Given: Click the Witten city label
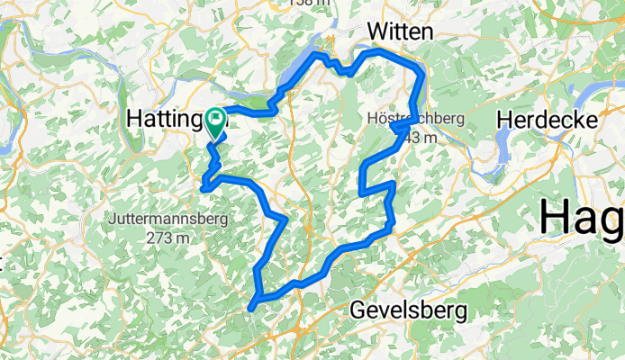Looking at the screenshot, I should coord(400,31).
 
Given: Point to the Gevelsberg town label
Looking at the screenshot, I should coord(409,311).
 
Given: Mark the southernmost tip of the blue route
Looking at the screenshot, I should coord(251,308).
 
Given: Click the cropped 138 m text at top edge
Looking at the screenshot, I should coord(311,4).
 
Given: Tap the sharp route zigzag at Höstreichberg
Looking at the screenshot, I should coord(398,129).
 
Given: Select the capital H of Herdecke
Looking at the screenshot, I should coord(506,120).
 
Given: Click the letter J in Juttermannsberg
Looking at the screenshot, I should coord(111,219).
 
